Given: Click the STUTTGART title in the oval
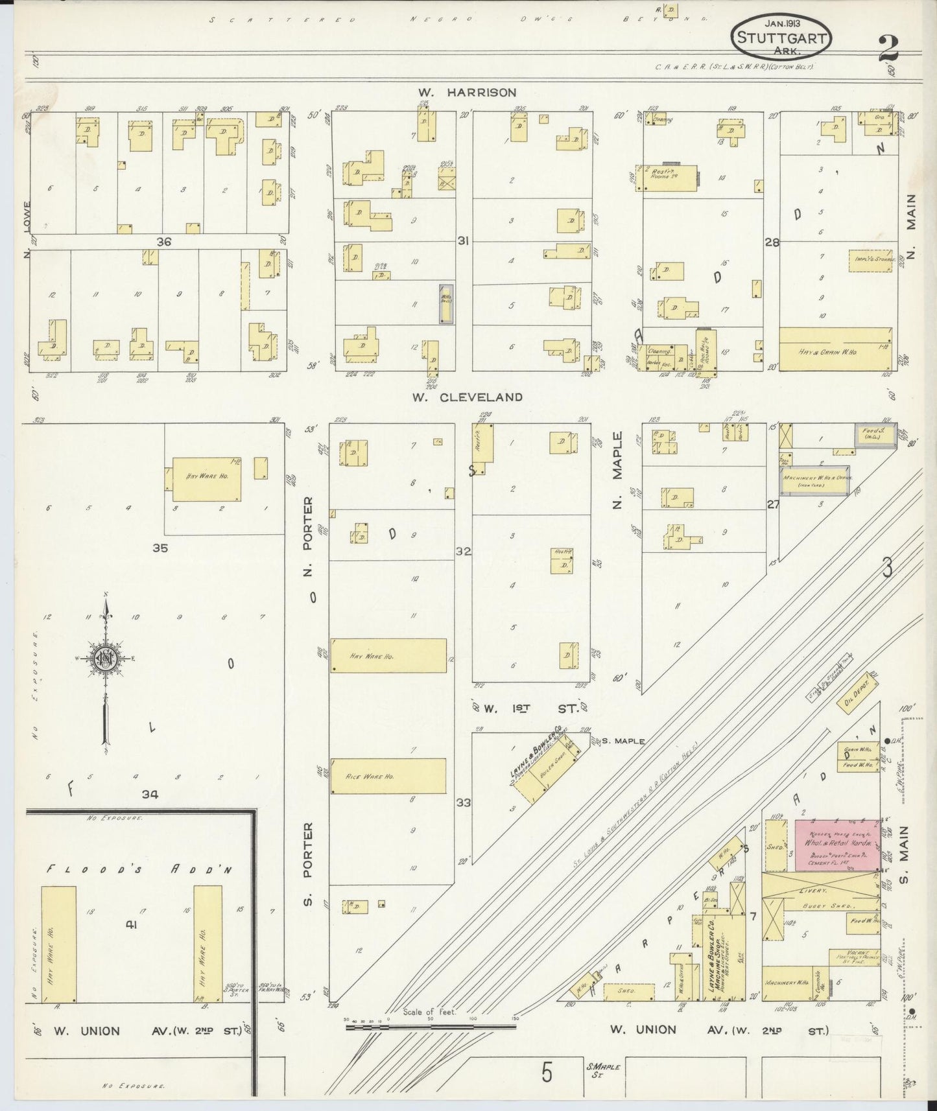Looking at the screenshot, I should [x=781, y=38].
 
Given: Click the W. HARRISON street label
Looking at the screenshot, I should [x=468, y=93].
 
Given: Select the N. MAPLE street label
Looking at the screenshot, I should [x=617, y=470].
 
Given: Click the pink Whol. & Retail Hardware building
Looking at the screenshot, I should [x=836, y=846].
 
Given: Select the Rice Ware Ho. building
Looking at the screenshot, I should [x=388, y=776].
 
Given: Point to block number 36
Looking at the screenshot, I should [x=163, y=241].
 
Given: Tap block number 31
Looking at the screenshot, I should [x=462, y=240].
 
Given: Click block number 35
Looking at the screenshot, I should [x=160, y=548].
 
